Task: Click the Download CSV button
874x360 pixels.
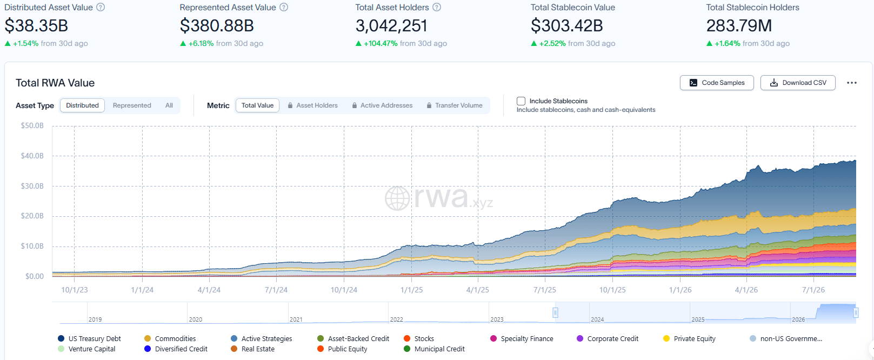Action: [798, 83]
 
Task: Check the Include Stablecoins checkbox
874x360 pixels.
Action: [521, 101]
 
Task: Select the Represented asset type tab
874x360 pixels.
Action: [132, 105]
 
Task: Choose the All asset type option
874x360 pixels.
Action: [169, 105]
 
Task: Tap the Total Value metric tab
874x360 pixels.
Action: [257, 105]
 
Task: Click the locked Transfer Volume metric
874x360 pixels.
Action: [455, 105]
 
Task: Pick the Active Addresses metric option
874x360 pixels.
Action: [382, 105]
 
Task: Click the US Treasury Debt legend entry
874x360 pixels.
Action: [89, 338]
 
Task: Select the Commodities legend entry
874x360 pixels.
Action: [170, 338]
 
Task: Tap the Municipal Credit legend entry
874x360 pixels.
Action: [434, 349]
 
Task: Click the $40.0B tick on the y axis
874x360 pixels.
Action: [32, 156]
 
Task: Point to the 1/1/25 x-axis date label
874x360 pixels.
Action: [412, 290]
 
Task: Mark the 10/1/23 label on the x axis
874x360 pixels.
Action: [75, 290]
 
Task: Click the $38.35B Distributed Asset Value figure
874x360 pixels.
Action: [36, 26]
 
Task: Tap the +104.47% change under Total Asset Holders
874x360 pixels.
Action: [381, 43]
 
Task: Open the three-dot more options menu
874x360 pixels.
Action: [852, 83]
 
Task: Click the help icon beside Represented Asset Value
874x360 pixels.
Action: [284, 8]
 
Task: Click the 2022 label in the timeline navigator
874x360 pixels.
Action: [396, 319]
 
